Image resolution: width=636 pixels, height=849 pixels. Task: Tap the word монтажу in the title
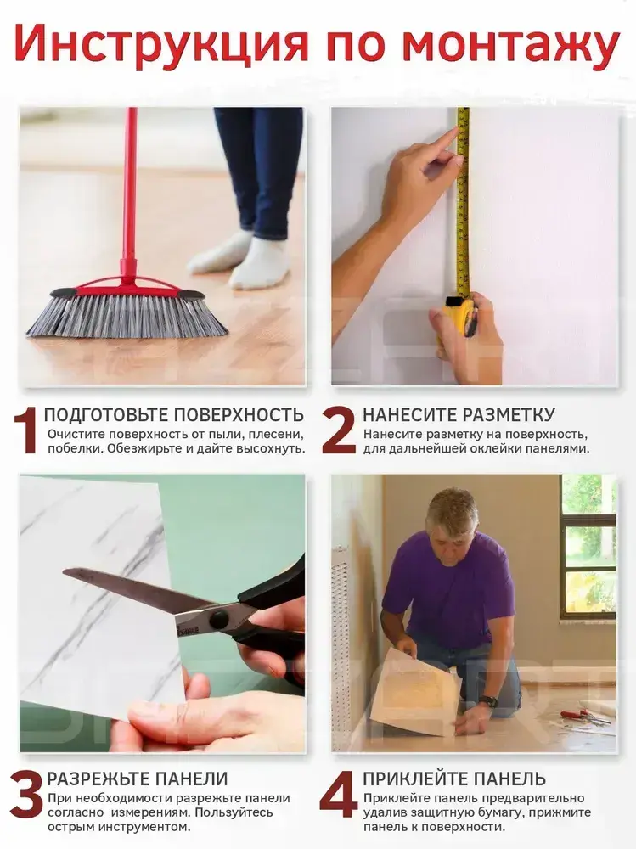[512, 44]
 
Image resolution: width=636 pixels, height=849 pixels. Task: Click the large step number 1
[25, 430]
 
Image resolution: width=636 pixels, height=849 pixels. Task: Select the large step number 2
[338, 431]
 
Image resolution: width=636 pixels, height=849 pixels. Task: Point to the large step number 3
[25, 795]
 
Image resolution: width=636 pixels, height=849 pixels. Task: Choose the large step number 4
[339, 795]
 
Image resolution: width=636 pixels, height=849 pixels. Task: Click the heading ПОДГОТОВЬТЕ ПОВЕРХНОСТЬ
[173, 415]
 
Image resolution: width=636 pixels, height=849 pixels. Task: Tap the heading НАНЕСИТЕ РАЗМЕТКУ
[459, 415]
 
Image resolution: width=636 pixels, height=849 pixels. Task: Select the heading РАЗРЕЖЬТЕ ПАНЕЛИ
[137, 779]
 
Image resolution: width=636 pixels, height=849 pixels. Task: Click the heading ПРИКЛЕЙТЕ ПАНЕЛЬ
[454, 779]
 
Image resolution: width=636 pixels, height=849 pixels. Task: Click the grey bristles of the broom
[127, 317]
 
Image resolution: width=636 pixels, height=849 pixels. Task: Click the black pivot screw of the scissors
[219, 618]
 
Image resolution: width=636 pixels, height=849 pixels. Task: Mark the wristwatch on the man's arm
[488, 702]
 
